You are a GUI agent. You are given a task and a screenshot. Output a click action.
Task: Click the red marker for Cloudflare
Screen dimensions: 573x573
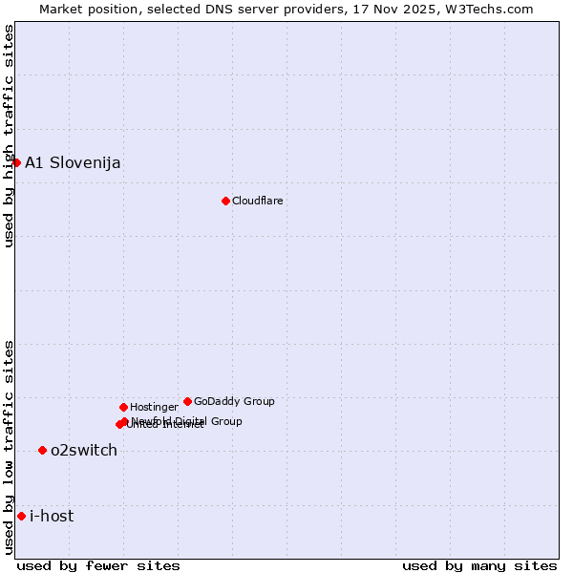[225, 201]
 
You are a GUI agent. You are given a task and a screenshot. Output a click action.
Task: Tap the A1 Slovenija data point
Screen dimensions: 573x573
[16, 162]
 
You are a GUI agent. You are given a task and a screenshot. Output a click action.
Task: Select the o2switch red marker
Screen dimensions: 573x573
[42, 450]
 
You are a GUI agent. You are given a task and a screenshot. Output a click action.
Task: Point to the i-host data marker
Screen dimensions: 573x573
[21, 516]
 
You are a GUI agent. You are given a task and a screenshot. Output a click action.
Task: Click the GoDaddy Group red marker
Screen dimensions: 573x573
[187, 401]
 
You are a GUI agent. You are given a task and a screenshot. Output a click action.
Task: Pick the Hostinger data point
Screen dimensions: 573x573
[123, 407]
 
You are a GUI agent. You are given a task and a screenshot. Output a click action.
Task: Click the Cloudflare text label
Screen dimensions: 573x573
[258, 201]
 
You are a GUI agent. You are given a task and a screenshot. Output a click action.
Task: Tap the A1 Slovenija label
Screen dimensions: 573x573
[73, 162]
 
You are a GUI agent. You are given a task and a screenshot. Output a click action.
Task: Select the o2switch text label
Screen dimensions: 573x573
[84, 450]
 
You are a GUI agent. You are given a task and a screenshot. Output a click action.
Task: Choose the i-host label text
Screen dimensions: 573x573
[52, 516]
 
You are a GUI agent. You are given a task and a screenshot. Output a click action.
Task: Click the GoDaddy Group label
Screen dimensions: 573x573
[234, 401]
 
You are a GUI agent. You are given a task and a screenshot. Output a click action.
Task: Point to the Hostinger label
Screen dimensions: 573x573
[154, 407]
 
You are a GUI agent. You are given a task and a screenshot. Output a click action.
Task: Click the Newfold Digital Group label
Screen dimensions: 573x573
[187, 420]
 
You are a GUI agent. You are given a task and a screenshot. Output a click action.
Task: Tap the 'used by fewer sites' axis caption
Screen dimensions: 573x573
[98, 565]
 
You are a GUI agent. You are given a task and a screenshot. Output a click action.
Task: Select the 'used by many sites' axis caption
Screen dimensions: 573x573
[479, 565]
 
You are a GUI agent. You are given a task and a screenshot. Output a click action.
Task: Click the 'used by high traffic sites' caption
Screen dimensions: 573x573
[9, 136]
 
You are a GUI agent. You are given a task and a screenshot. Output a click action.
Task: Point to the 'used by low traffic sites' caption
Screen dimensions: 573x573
[9, 446]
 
